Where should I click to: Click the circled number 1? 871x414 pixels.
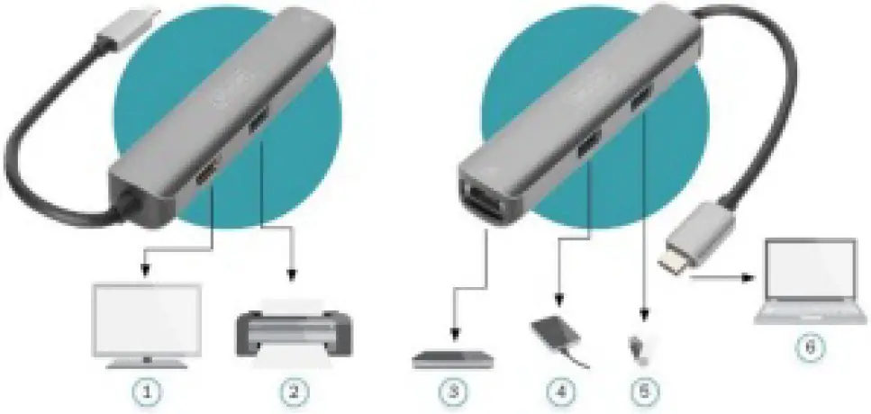147,392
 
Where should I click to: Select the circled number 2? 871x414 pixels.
294,392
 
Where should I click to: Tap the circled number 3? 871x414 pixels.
453,392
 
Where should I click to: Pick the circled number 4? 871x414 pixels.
560,392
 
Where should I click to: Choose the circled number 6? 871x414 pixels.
809,346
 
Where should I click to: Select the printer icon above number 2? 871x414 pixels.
294,329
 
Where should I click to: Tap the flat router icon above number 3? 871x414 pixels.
453,359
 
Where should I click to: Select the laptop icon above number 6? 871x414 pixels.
809,280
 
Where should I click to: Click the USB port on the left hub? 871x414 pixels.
259,120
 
